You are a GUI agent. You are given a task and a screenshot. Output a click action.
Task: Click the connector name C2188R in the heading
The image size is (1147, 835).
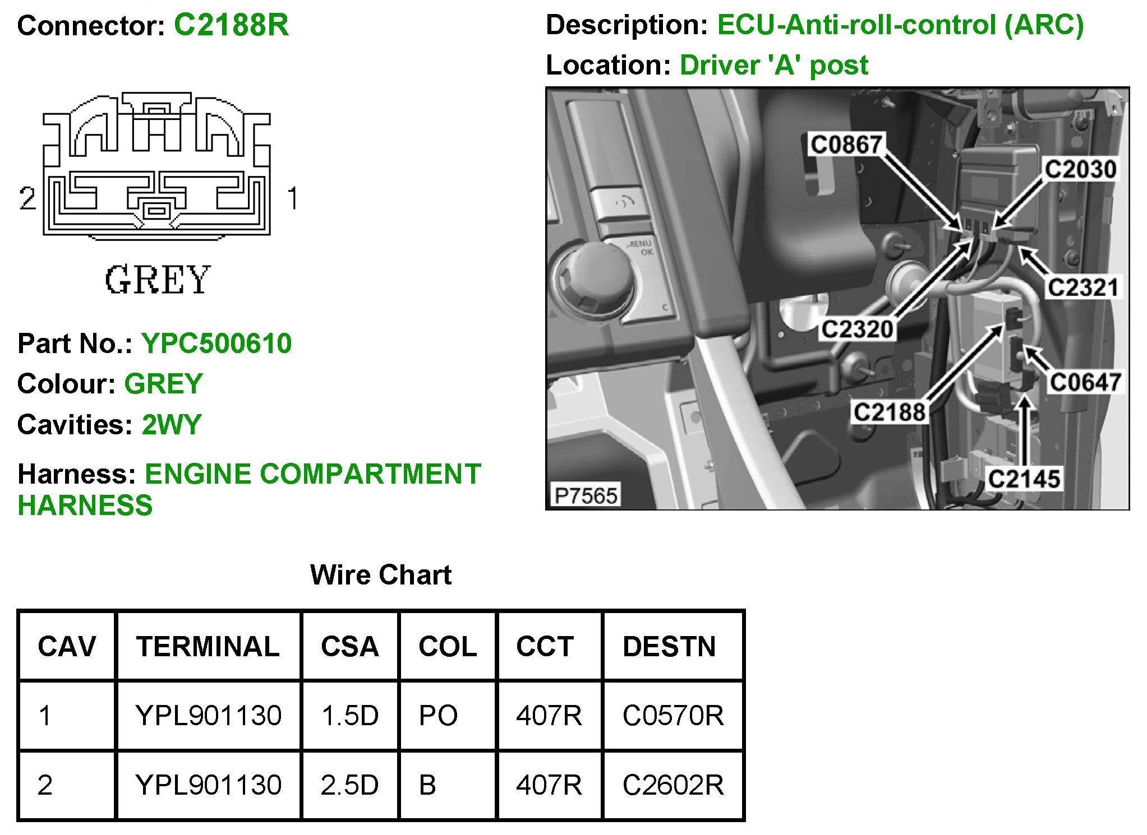(231, 25)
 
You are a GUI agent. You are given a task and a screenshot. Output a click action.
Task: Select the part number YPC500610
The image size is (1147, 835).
(216, 343)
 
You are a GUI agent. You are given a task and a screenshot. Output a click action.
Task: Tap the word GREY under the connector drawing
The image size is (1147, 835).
(158, 280)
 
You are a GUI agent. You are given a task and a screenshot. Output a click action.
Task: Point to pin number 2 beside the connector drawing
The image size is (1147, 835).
(27, 198)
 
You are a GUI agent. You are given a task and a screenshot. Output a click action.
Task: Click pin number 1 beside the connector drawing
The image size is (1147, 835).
(292, 198)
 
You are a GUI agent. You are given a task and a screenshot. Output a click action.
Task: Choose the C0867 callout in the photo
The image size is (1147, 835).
(846, 145)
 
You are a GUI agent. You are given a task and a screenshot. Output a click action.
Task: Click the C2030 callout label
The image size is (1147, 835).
(1080, 169)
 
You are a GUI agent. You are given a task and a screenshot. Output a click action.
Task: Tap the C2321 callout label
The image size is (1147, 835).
(1082, 287)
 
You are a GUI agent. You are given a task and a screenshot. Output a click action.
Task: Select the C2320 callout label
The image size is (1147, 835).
(856, 329)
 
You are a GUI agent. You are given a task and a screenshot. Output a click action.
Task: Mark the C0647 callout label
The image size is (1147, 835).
(1085, 383)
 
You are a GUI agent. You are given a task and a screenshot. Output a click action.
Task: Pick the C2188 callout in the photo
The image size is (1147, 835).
(888, 412)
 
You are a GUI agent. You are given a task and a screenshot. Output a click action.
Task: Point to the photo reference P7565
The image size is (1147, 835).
(586, 495)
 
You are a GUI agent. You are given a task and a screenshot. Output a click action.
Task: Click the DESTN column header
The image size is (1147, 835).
(669, 646)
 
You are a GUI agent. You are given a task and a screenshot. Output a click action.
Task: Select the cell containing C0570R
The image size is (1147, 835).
(673, 716)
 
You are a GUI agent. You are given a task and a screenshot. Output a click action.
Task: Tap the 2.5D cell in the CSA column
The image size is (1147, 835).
(349, 785)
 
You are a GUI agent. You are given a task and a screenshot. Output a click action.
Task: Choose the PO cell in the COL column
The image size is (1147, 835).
(438, 716)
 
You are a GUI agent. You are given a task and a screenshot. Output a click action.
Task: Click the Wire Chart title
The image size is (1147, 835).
(380, 574)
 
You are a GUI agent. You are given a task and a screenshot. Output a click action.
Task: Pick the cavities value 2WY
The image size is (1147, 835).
(171, 424)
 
